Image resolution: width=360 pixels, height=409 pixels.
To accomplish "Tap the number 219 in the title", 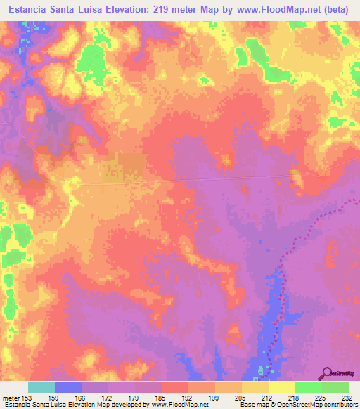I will click(x=165, y=10).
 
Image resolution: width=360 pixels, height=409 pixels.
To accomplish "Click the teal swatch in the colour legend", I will click(x=41, y=387).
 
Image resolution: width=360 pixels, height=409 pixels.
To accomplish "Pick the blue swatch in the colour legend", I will click(x=68, y=387).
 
